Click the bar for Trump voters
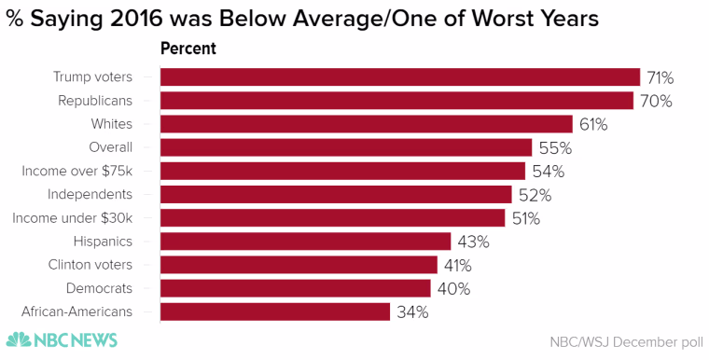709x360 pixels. (400, 76)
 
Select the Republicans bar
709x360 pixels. (397, 101)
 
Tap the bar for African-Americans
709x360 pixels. (275, 312)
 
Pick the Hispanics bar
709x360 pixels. (306, 241)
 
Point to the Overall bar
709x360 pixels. (346, 147)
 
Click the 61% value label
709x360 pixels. (593, 124)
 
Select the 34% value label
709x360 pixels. (412, 312)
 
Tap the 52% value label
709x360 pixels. (535, 195)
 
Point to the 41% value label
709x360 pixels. (458, 266)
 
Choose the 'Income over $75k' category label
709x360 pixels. (76, 171)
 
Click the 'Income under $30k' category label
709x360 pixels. (73, 218)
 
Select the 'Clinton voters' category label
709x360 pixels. (90, 265)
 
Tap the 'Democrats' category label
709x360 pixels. (99, 288)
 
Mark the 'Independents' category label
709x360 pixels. (90, 195)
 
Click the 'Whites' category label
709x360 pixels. (112, 124)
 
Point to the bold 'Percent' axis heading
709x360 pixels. (188, 48)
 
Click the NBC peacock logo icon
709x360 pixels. (19, 339)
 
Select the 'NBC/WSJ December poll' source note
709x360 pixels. (627, 342)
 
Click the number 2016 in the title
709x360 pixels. (135, 19)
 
